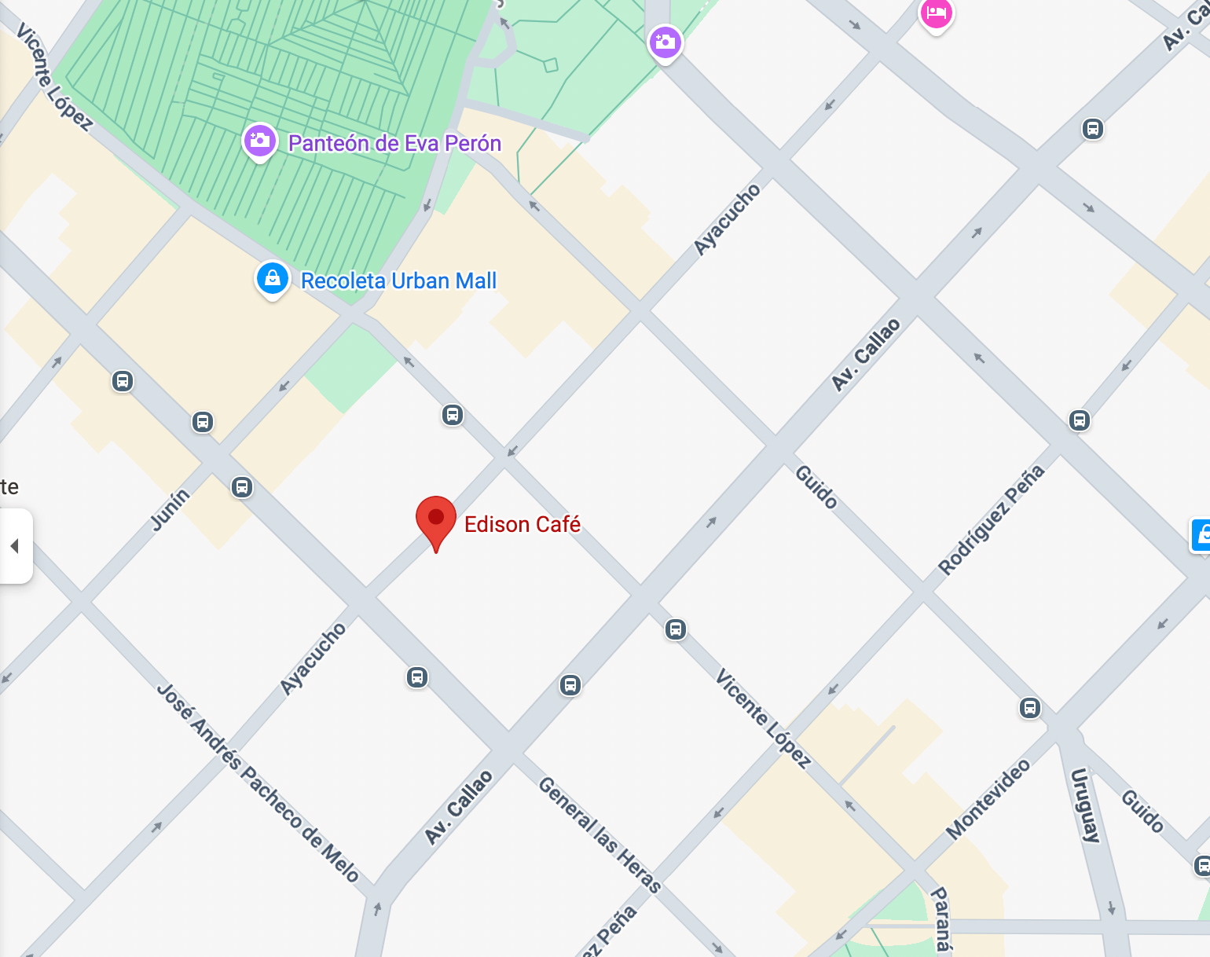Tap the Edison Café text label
(x=522, y=525)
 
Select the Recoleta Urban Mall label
(x=398, y=281)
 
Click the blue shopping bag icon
(x=273, y=279)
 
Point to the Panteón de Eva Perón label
(x=394, y=144)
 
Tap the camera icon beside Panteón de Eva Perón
(x=259, y=141)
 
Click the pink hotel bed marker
(x=936, y=13)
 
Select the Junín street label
(x=170, y=509)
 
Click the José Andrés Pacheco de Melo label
(x=258, y=783)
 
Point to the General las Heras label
(x=599, y=834)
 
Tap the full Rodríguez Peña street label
(x=992, y=519)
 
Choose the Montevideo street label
(x=988, y=799)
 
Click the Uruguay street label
(x=1084, y=805)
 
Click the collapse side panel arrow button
(x=15, y=546)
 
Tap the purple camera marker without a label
(x=665, y=42)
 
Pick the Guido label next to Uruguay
(x=1142, y=812)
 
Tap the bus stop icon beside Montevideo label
(x=1029, y=708)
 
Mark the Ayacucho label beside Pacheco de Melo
(x=313, y=658)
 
